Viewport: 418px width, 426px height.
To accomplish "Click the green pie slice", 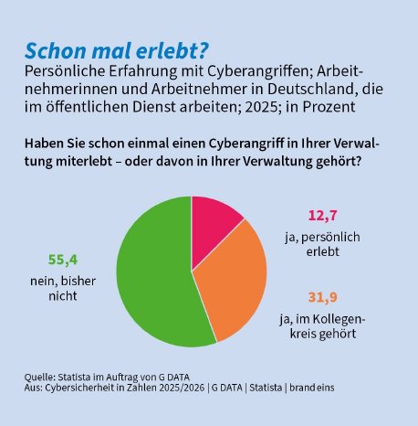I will (x=151, y=274).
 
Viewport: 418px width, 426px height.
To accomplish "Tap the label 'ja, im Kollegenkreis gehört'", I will (x=319, y=325).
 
